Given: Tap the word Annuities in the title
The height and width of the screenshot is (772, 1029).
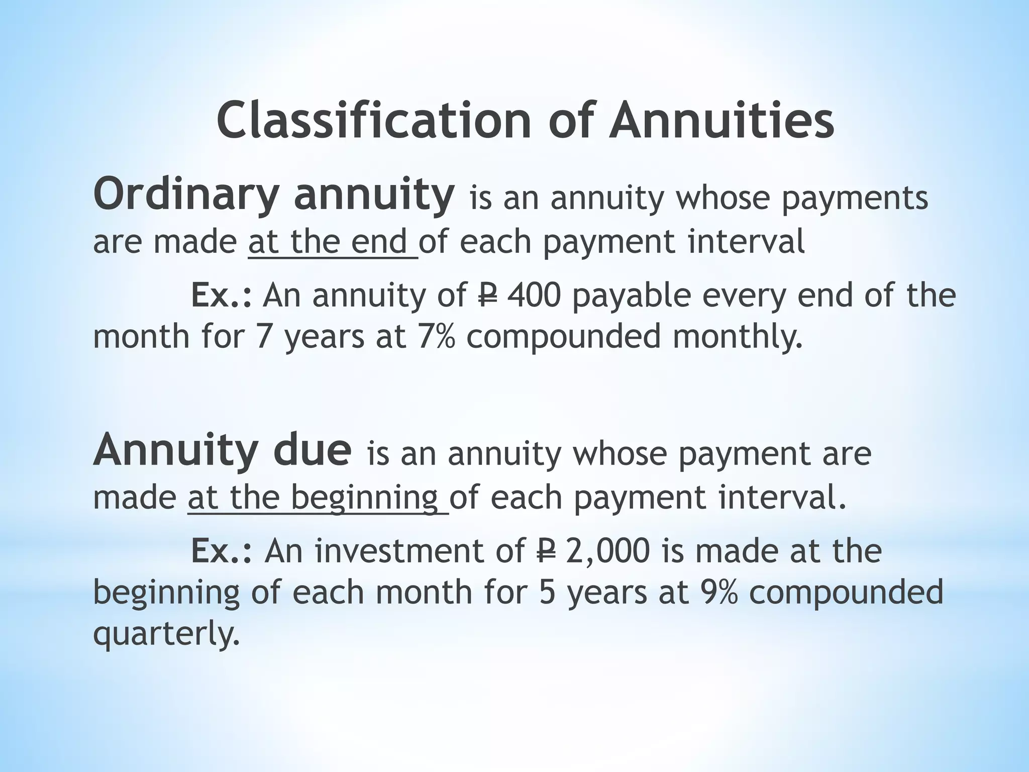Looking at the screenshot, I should [x=722, y=121].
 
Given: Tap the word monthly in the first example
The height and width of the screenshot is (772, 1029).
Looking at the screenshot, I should [x=737, y=337].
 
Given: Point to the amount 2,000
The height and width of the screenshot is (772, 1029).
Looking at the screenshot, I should [x=608, y=551].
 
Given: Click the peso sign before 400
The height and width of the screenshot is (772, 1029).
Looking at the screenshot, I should [x=485, y=296].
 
